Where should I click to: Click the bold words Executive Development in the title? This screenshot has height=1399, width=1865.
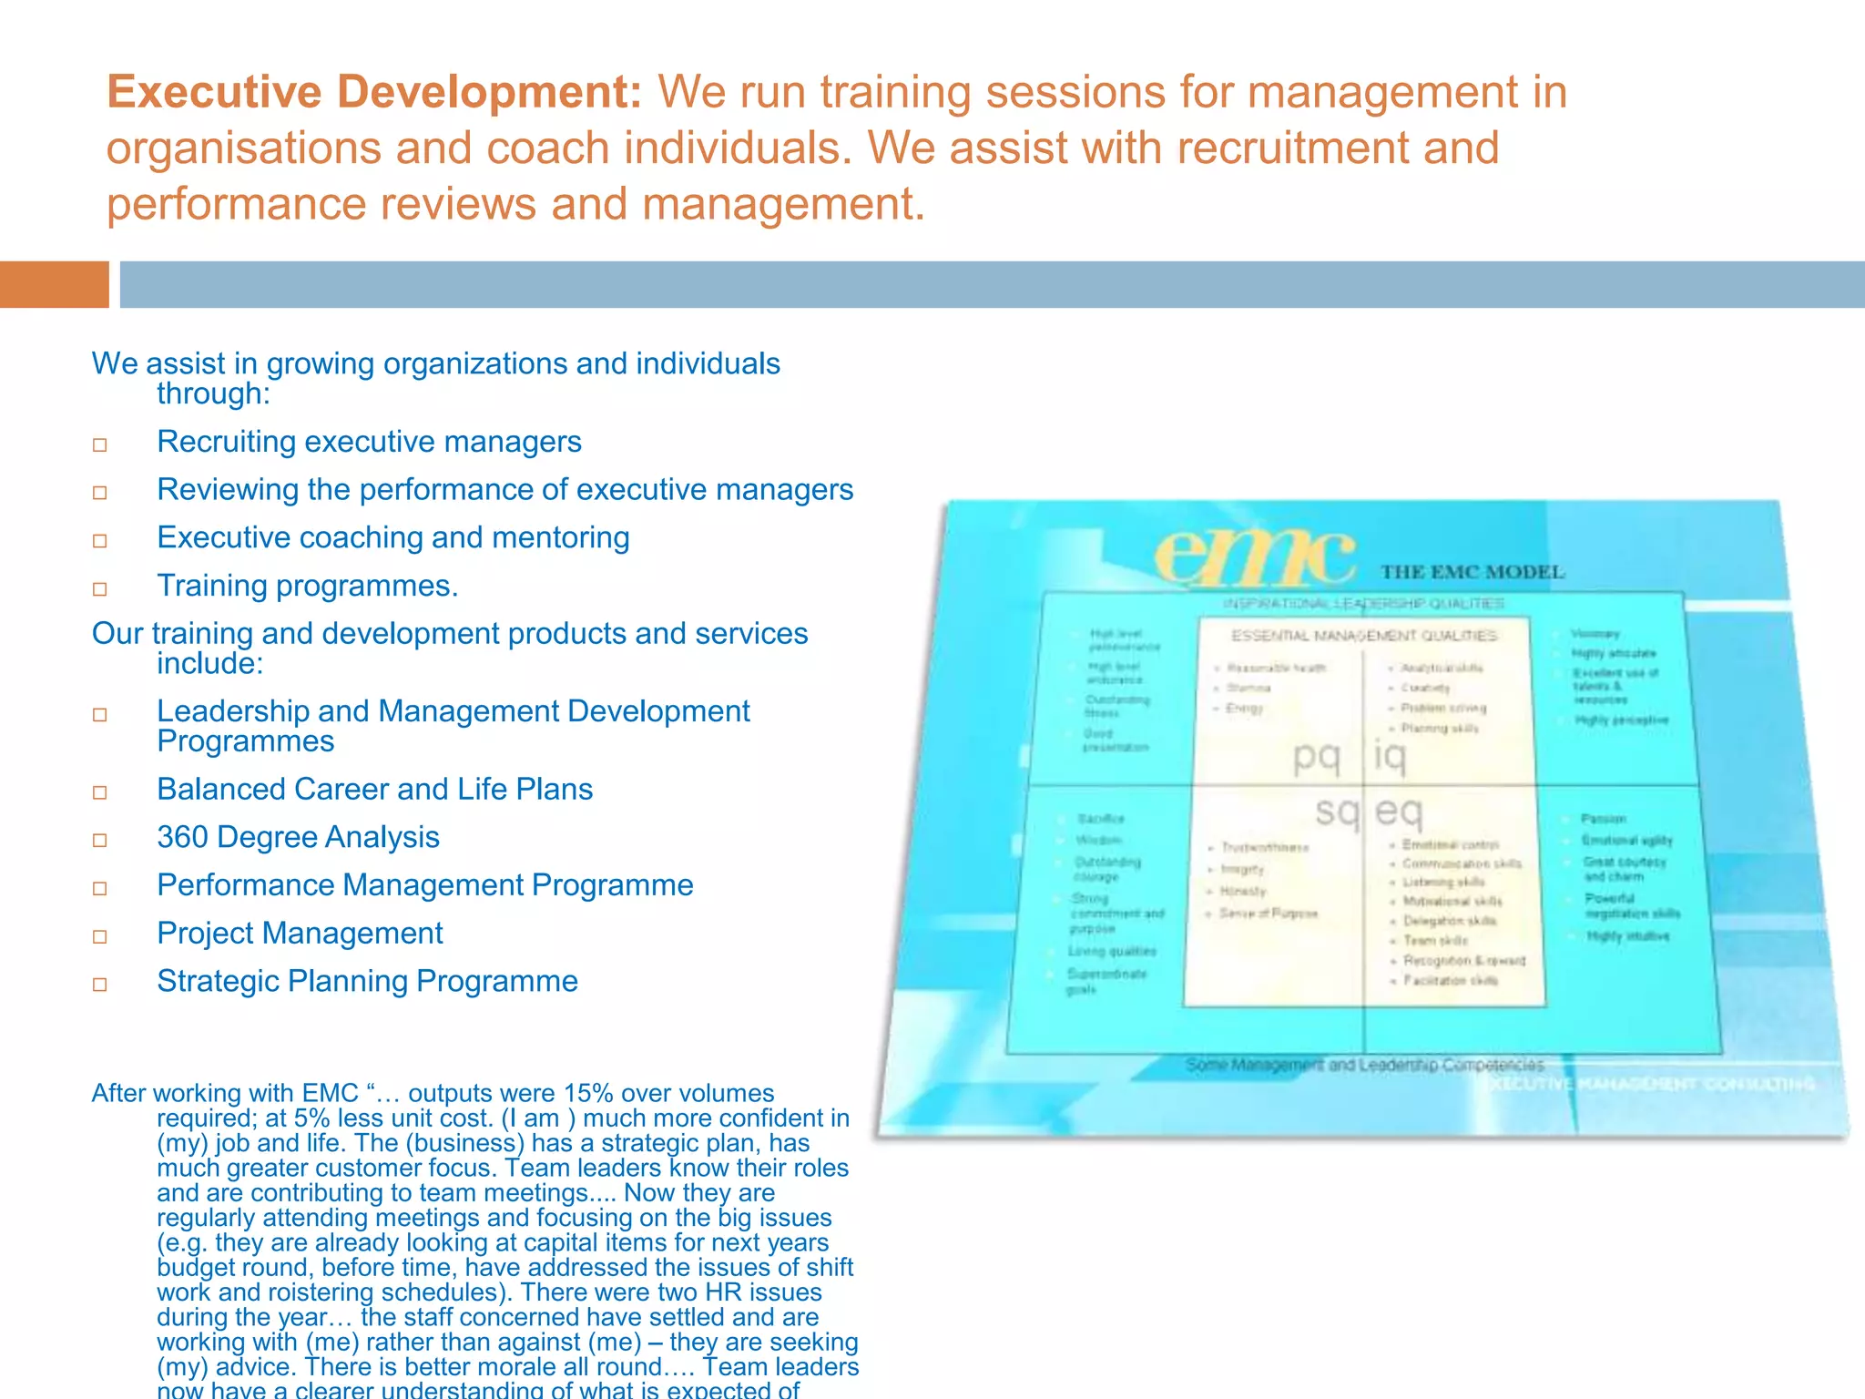tap(374, 92)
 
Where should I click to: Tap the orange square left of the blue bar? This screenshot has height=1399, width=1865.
tap(54, 284)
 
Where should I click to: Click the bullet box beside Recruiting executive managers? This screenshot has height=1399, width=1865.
tap(100, 444)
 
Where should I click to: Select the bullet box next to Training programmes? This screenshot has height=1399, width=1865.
tap(100, 588)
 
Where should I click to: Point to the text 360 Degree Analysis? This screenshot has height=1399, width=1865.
tap(298, 837)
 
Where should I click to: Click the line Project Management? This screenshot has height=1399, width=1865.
tap(300, 934)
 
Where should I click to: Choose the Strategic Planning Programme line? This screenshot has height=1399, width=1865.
tap(367, 981)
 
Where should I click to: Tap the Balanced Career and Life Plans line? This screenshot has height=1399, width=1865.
tap(374, 789)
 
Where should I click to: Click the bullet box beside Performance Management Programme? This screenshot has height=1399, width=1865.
tap(100, 888)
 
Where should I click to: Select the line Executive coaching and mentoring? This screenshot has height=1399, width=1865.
tap(392, 537)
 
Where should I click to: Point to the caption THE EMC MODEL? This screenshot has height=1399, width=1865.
tap(1472, 572)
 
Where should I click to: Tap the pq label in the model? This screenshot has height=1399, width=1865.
tap(1317, 756)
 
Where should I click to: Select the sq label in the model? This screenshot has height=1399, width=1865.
tap(1337, 810)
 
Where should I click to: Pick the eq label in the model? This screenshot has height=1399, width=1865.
tap(1399, 810)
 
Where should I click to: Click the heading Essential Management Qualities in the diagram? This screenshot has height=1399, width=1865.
tap(1363, 635)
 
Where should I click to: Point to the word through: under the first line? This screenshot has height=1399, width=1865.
tap(213, 393)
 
